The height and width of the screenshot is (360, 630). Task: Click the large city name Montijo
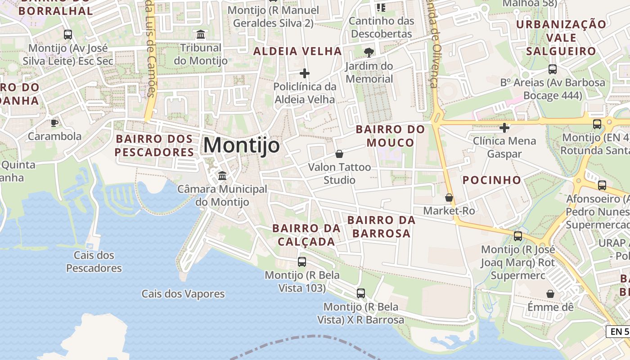241,145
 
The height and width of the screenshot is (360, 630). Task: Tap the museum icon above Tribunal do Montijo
201,34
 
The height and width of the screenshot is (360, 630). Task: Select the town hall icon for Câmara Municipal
222,175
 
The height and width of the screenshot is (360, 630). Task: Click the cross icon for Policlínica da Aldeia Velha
305,73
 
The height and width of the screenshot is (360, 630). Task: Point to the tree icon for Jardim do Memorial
369,52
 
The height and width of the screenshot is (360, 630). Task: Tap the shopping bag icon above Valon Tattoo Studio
339,154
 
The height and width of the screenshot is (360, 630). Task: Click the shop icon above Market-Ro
449,197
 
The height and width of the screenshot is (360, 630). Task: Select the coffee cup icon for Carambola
54,123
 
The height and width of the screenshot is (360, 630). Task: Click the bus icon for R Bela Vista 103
301,261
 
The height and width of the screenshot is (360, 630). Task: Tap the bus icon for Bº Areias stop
552,69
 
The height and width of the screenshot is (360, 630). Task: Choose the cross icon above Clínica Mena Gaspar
504,128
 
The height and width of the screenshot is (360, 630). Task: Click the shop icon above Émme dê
550,294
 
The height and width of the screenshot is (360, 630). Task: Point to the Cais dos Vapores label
183,294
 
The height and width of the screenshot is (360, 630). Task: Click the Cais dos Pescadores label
94,261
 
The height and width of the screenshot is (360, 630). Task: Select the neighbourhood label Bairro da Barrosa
381,227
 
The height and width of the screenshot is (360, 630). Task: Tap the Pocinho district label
492,180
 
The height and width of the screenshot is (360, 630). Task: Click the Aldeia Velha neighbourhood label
297,51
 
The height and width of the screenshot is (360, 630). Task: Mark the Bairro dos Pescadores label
154,145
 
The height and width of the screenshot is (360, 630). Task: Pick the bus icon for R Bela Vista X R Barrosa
360,293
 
